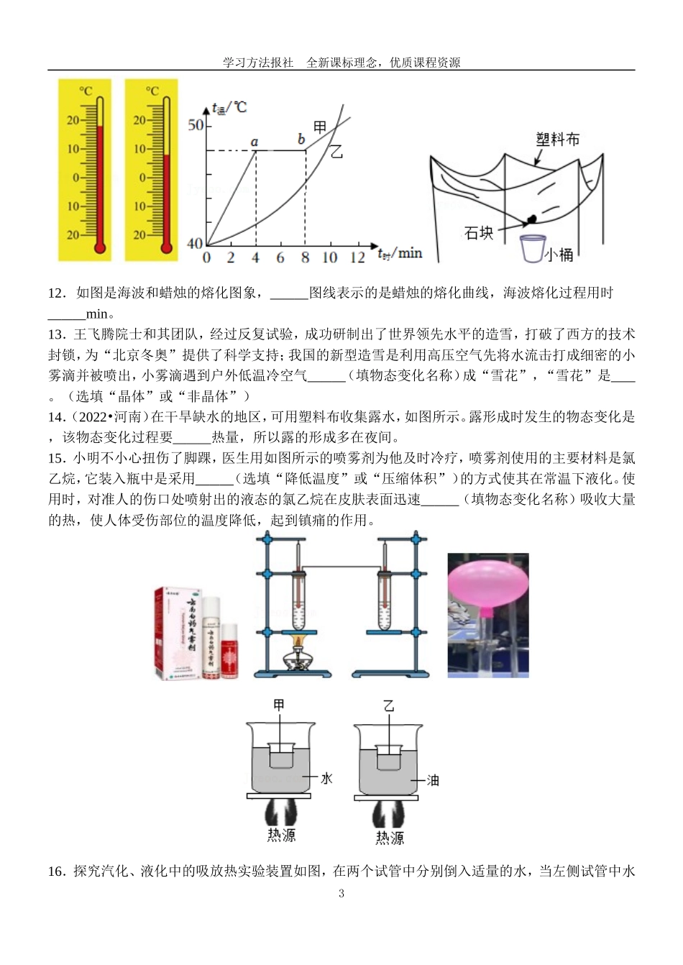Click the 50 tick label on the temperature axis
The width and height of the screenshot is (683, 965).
point(196,124)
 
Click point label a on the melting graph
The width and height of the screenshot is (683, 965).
point(255,142)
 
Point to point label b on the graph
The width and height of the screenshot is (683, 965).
point(301,139)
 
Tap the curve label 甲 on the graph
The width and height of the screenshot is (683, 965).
point(321,127)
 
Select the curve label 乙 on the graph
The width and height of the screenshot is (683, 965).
point(336,152)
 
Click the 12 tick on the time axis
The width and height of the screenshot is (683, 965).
point(357,257)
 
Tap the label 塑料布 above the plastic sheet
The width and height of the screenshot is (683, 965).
point(558,139)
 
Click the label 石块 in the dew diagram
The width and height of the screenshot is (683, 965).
point(479,232)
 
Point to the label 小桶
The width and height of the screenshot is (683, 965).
point(560,254)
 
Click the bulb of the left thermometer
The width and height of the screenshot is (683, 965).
point(100,248)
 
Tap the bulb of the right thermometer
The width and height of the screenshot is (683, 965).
point(167,248)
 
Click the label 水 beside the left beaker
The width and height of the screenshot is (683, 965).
point(326,777)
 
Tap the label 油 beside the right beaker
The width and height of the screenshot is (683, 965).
point(433,779)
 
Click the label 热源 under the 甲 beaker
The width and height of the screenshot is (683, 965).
point(281,834)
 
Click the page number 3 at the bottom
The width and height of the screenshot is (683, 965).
point(341,894)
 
